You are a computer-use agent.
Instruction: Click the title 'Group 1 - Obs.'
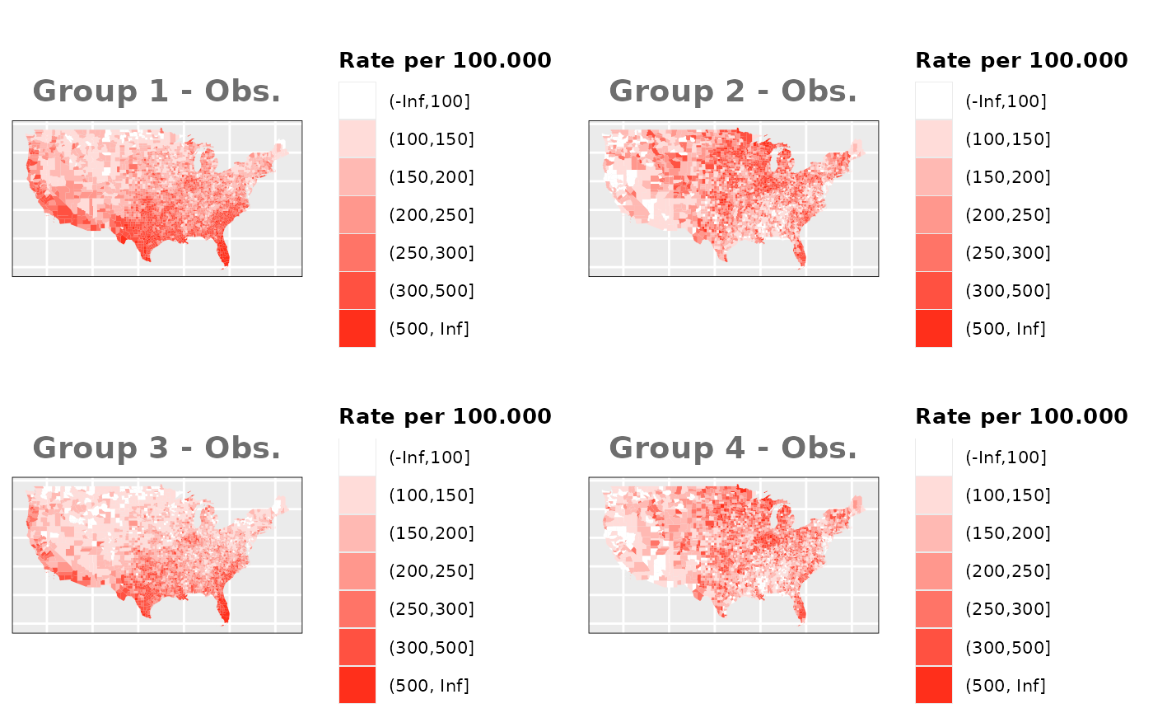coord(156,91)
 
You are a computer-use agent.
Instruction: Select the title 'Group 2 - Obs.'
coord(733,91)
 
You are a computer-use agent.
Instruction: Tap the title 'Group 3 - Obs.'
coord(156,448)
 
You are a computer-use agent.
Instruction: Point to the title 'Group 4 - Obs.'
coord(733,448)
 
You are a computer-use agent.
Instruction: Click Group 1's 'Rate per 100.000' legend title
coord(445,60)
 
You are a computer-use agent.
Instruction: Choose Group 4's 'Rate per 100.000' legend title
coord(1021,416)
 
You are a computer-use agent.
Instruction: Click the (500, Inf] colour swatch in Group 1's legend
coord(357,329)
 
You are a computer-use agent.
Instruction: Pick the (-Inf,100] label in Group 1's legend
coord(429,101)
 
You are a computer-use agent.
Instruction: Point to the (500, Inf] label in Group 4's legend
coord(1006,685)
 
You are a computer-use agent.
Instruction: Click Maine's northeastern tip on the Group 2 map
coord(859,146)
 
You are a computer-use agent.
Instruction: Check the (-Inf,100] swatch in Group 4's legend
coord(934,457)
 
